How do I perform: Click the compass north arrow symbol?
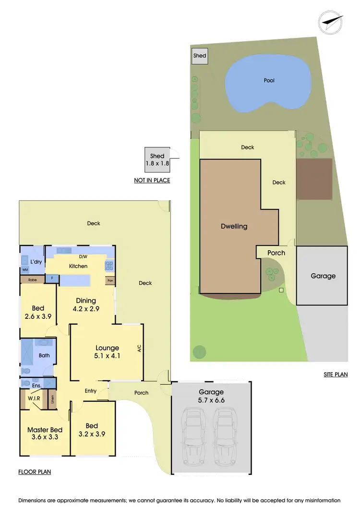(332, 22)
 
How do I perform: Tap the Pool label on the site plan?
(269, 81)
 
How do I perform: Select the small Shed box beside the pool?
(200, 56)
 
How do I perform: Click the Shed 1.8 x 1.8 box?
(157, 160)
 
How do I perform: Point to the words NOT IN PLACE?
(152, 181)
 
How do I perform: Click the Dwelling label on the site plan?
(234, 226)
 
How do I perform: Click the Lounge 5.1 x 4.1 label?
(107, 352)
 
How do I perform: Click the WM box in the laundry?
(25, 270)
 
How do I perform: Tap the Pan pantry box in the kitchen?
(110, 280)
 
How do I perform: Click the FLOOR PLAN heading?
(35, 472)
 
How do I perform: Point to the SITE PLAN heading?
(336, 375)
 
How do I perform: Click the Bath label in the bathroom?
(44, 356)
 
